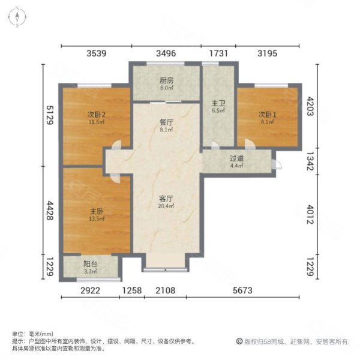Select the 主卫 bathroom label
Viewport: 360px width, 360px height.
217,102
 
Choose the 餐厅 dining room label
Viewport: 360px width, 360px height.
166,121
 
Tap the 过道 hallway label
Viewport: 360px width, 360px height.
236,158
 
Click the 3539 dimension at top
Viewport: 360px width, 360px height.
96,53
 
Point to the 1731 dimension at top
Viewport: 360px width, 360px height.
218,53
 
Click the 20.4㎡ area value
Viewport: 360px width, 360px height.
166,206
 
